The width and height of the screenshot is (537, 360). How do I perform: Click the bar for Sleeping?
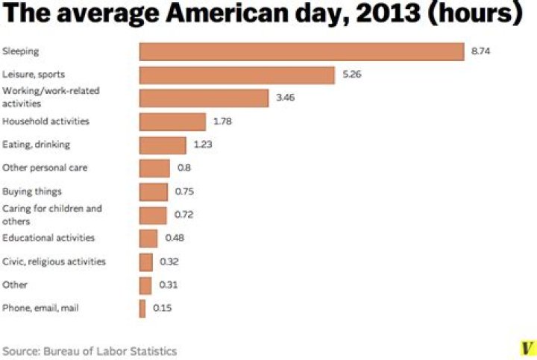tap(302, 51)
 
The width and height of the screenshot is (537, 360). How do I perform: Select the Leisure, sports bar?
tap(236, 75)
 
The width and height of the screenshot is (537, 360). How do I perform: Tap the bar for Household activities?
tap(172, 121)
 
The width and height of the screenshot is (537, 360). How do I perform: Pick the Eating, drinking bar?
tap(163, 145)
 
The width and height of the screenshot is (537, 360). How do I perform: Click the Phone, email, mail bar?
tap(142, 308)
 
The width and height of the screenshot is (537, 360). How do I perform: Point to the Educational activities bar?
tap(148, 238)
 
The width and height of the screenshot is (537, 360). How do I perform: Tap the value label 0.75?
tap(184, 192)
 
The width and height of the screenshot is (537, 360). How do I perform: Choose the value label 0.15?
tap(162, 308)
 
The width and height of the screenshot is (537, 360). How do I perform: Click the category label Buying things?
tap(32, 192)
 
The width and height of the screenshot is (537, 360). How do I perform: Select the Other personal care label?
tap(45, 168)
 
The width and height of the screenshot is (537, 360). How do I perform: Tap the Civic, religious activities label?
tap(54, 262)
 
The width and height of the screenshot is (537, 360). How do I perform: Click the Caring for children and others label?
tap(52, 215)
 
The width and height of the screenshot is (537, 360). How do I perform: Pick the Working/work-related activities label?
tap(51, 98)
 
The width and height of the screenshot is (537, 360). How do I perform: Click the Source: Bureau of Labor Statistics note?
tap(89, 350)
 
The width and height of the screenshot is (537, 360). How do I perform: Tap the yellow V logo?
tap(527, 348)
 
